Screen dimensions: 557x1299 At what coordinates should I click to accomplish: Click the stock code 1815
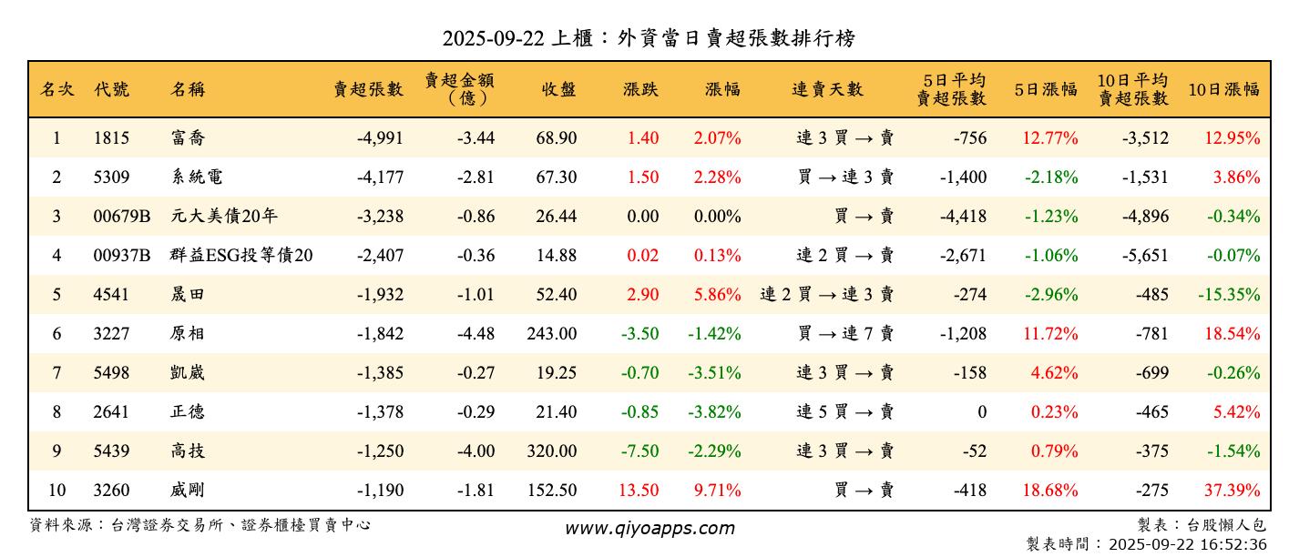[111, 138]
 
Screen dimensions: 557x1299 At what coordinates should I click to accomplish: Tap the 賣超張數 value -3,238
[379, 217]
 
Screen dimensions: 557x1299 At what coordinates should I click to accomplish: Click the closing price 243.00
[551, 334]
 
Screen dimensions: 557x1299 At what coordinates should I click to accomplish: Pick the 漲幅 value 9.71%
[717, 491]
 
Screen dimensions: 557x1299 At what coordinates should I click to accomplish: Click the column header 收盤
[558, 89]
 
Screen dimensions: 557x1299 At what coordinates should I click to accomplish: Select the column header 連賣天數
[827, 89]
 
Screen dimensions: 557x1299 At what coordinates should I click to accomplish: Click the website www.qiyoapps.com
[649, 528]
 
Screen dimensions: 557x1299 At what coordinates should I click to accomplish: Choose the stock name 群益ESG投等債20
[241, 256]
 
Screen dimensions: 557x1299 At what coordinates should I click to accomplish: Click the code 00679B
[122, 217]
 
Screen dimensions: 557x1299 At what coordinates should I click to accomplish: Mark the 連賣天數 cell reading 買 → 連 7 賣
[845, 334]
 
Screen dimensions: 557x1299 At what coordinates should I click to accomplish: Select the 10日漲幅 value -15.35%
[1229, 295]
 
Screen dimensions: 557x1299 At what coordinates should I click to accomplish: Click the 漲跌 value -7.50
[639, 451]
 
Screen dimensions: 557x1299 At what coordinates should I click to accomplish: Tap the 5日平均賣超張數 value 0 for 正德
[981, 412]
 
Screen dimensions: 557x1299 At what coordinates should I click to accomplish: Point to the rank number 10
[56, 491]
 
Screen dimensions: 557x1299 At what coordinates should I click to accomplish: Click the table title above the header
[649, 38]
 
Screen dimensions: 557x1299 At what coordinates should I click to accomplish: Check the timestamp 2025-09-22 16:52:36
[1187, 545]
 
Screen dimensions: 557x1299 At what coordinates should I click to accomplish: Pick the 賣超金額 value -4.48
[475, 334]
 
